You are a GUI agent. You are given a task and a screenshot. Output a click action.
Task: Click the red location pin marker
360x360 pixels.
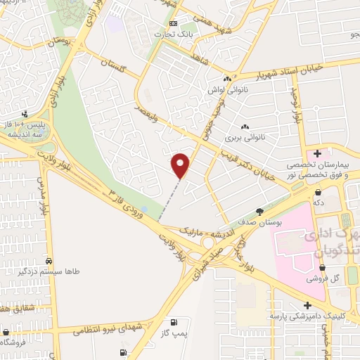coord(181,165)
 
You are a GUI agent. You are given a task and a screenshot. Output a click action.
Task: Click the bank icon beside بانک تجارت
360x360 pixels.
coord(174,25)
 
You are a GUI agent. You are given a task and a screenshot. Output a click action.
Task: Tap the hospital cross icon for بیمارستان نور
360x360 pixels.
coord(318,153)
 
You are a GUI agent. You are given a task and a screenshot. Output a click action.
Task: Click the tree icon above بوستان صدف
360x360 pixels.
coord(259,211)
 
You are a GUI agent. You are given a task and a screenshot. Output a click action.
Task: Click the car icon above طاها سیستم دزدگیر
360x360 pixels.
coord(48,258)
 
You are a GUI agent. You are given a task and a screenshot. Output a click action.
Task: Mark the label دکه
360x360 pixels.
coord(319,202)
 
